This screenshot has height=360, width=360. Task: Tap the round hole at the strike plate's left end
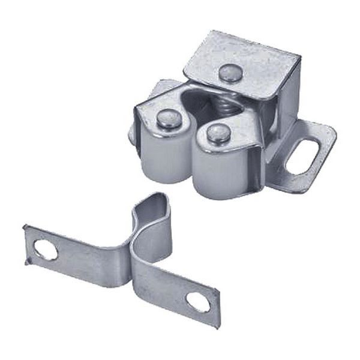point(46,248)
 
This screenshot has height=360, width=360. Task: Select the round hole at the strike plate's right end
point(199,302)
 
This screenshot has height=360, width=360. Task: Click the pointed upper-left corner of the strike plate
point(25,226)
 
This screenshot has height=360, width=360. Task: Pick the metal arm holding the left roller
point(147,114)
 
